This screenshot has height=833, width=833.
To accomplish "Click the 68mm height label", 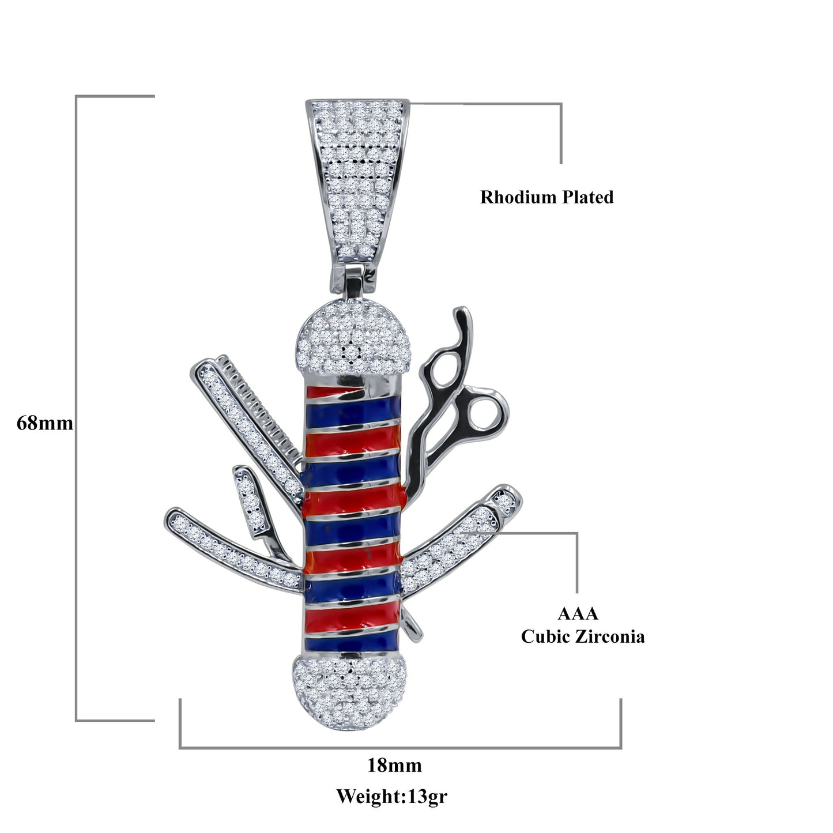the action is [x=45, y=423].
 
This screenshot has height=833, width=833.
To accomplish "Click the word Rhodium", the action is [x=518, y=197].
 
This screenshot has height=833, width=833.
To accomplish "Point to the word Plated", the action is [x=587, y=197].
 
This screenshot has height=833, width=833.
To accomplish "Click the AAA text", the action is [x=578, y=613].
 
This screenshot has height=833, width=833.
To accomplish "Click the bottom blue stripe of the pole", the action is [x=351, y=644].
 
